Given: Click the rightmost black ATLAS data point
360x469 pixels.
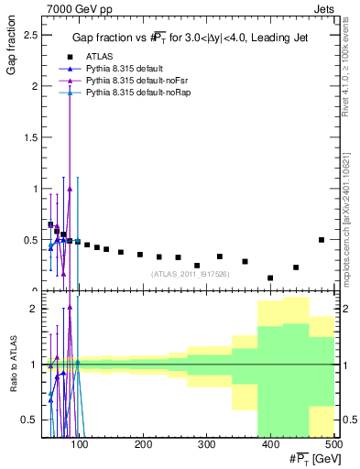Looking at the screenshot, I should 321,240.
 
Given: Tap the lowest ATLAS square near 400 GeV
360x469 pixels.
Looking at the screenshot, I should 270,278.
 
